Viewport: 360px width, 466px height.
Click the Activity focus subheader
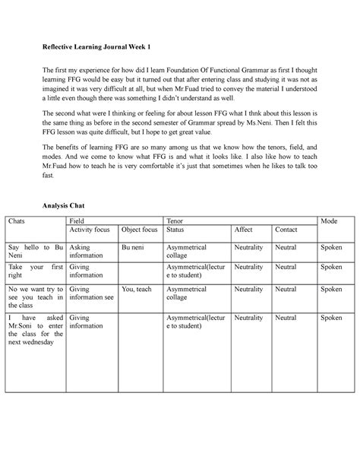tap(92, 229)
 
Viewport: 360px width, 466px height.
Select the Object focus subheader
tap(140, 229)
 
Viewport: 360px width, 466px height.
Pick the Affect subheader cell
tap(244, 229)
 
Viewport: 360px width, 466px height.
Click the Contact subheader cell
tap(286, 229)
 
